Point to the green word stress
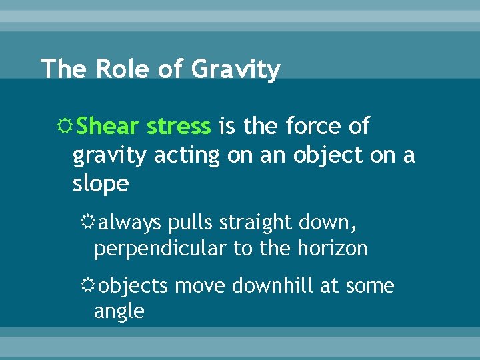point(178,125)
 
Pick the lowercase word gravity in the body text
point(109,156)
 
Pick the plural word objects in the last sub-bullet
point(133,286)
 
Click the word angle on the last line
point(119,311)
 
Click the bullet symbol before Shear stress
point(65,126)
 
